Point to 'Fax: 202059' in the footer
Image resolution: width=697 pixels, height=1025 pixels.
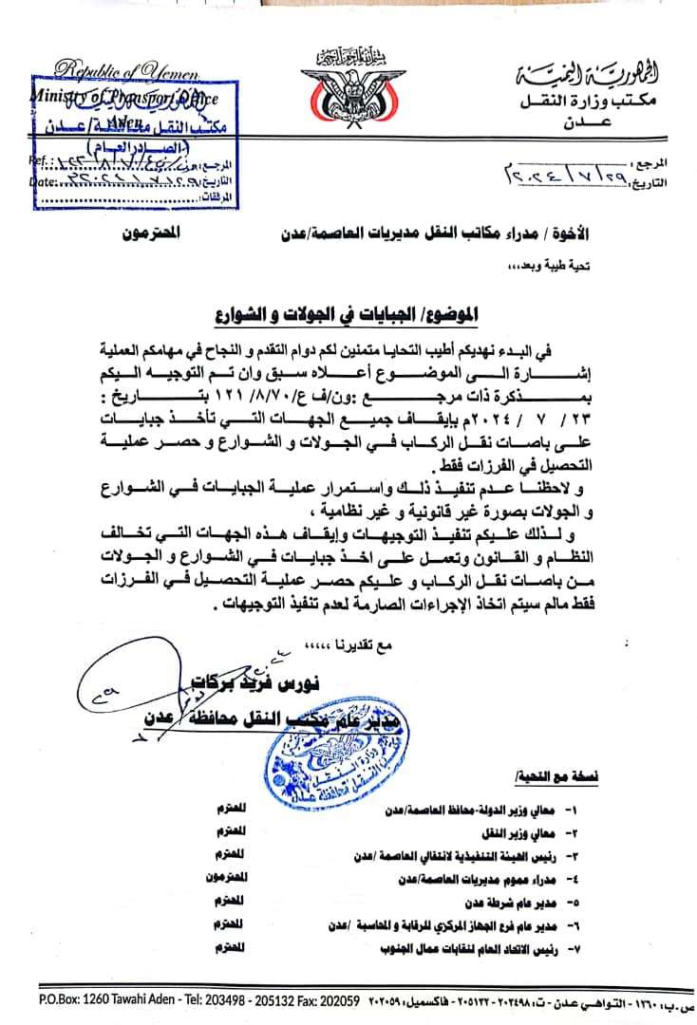point(325,998)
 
